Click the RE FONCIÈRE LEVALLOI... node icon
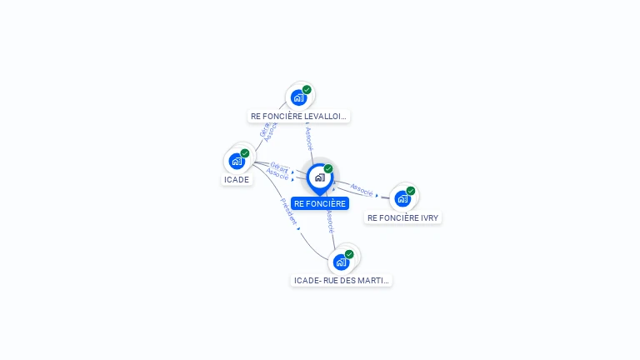[298, 97]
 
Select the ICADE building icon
[237, 161]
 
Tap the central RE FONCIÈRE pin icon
[319, 177]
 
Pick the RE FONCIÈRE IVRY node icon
[402, 198]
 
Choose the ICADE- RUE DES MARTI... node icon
[341, 262]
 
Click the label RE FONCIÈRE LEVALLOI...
[298, 117]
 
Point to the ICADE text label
[237, 180]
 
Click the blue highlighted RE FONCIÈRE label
[319, 203]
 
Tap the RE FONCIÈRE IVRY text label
[403, 218]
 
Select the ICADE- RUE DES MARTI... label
[341, 281]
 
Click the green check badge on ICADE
[245, 153]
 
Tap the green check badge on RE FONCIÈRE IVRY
[411, 191]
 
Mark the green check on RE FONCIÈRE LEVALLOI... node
[307, 90]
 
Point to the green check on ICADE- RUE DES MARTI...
[349, 254]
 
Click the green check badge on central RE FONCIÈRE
[328, 169]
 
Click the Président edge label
[288, 212]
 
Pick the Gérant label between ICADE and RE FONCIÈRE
[279, 168]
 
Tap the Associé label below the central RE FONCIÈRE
[330, 222]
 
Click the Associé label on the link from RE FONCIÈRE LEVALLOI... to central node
[308, 138]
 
